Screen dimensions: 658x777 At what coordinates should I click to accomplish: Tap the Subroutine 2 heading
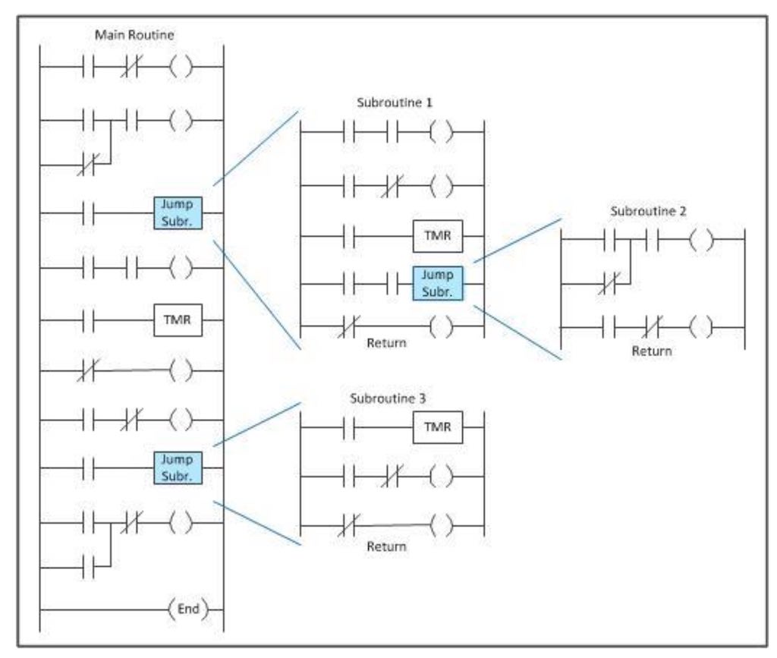(647, 210)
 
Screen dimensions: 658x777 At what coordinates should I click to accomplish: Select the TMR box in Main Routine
(176, 321)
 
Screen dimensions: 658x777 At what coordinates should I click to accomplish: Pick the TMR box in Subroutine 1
(437, 237)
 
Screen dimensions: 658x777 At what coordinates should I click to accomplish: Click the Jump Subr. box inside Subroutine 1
(437, 282)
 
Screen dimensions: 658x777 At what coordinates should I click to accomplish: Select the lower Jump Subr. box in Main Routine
(176, 468)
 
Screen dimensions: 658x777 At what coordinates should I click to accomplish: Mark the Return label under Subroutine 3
(387, 546)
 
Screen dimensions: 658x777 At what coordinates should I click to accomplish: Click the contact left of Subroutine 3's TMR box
(351, 428)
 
